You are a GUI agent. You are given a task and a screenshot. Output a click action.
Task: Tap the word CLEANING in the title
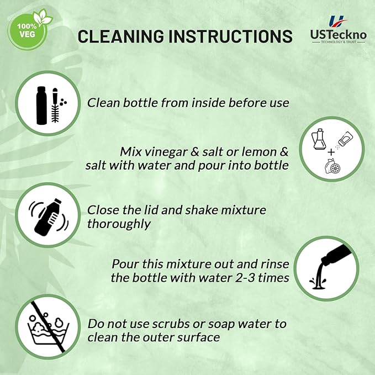tap(122, 36)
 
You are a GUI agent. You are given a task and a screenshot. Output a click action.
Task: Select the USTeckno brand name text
tap(338, 35)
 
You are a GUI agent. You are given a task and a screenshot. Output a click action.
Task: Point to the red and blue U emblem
tap(337, 22)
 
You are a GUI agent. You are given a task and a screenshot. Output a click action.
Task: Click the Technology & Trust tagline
tap(339, 42)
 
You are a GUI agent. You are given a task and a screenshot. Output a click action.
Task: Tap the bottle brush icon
tap(55, 105)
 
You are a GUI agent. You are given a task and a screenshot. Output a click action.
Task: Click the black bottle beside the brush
tap(41, 105)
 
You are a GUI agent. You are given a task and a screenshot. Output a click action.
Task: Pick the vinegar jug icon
tap(319, 139)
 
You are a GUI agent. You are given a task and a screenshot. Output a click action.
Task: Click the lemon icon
tap(333, 166)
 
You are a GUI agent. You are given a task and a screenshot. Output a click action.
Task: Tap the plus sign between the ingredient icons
tap(331, 152)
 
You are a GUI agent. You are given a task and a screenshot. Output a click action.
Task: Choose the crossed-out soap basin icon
tap(48, 327)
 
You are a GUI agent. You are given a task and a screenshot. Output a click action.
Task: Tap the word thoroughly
tap(119, 224)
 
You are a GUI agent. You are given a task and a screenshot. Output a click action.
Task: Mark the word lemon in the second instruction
tap(259, 152)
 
